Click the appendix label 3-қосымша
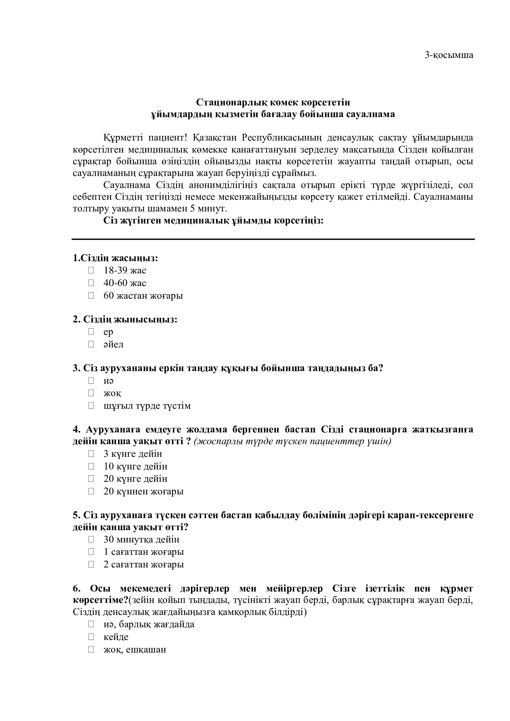pyautogui.click(x=449, y=55)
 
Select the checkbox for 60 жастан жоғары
pyautogui.click(x=91, y=296)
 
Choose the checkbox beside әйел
pyautogui.click(x=91, y=344)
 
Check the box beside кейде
pyautogui.click(x=91, y=637)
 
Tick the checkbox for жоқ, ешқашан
pyautogui.click(x=91, y=649)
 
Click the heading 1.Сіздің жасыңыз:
pyautogui.click(x=115, y=258)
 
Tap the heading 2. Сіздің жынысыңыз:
pyautogui.click(x=125, y=319)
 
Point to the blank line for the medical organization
pyautogui.click(x=273, y=239)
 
